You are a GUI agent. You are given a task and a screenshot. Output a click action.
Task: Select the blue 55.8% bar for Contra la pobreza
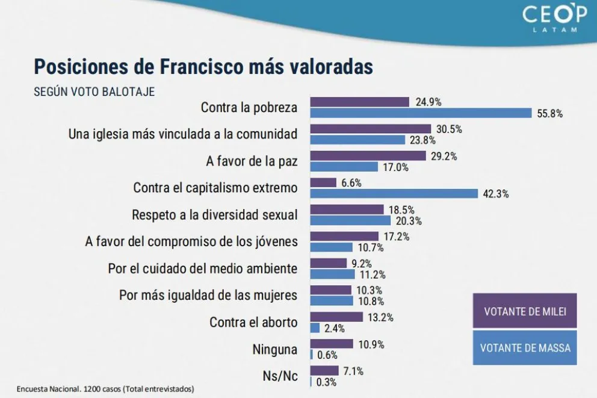[421, 113]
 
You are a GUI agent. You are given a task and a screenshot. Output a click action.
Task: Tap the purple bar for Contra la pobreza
[359, 102]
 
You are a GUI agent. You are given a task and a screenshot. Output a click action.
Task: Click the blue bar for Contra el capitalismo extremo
[394, 193]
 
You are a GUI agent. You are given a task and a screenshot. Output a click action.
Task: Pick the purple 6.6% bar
[323, 182]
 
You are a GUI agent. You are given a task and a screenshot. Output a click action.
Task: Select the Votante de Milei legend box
[525, 311]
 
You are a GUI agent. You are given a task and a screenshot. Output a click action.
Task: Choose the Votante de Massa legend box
[525, 347]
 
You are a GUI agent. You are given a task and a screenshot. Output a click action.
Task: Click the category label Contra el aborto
[253, 322]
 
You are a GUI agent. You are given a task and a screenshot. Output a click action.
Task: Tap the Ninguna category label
[276, 349]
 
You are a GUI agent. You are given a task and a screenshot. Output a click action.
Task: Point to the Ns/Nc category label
[280, 376]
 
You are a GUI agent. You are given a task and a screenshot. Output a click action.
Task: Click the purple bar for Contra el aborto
[336, 317]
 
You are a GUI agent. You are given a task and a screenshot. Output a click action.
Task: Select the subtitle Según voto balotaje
[94, 92]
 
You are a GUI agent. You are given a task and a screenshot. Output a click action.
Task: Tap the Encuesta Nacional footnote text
[106, 388]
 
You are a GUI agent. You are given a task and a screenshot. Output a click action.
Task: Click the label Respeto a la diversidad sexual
[214, 215]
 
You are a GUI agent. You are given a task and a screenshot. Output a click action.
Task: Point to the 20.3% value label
[409, 221]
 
